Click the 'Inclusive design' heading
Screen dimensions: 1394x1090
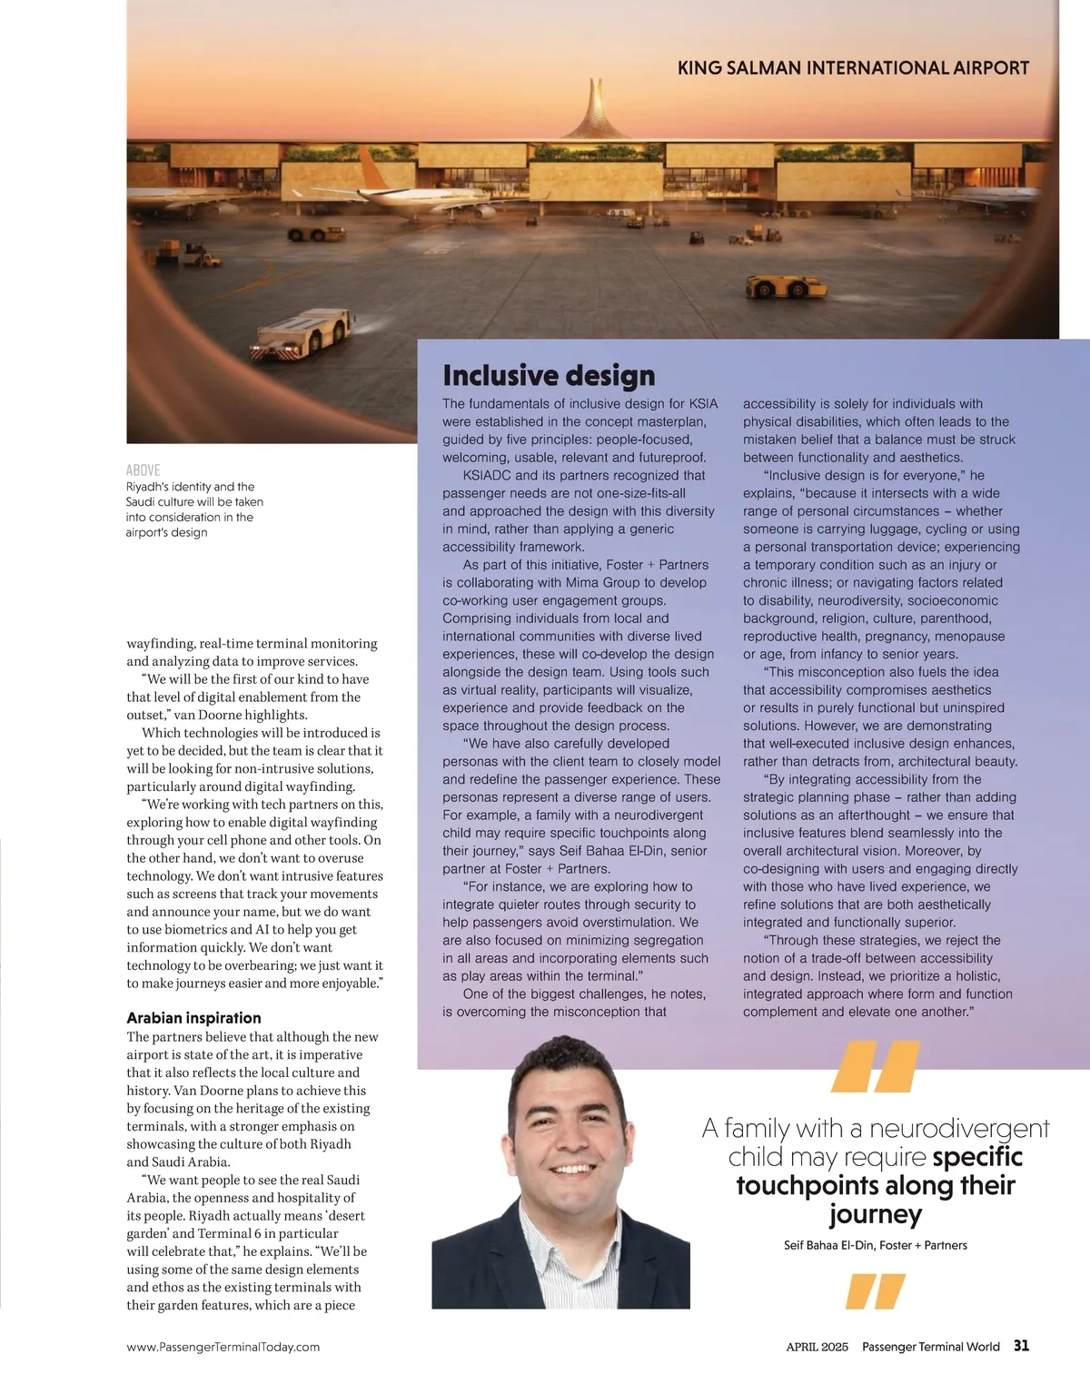pos(549,375)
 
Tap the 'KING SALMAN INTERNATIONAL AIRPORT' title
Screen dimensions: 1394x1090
pos(853,68)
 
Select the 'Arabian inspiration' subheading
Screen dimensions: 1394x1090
pos(193,1018)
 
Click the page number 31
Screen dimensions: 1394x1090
pos(1021,1346)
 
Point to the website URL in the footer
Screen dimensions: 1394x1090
pos(223,1347)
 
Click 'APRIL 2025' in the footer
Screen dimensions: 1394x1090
pos(817,1347)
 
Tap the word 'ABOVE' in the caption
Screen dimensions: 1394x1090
pos(143,470)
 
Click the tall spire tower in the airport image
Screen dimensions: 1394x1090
pos(595,109)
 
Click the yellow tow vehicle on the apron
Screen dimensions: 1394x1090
pos(786,287)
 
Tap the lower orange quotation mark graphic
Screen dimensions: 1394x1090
pos(875,1290)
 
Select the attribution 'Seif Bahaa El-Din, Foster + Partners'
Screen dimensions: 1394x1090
pos(875,1245)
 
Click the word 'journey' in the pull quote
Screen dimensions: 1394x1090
pos(875,1214)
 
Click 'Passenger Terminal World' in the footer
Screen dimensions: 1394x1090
pos(930,1347)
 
